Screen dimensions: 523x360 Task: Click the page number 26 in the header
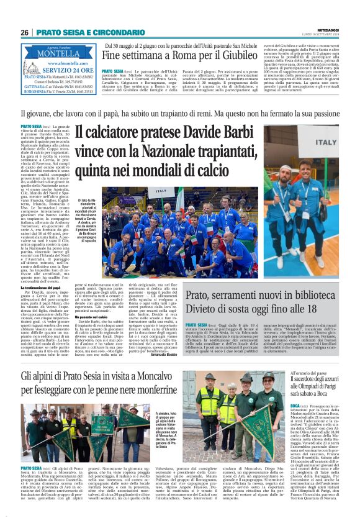point(25,32)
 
